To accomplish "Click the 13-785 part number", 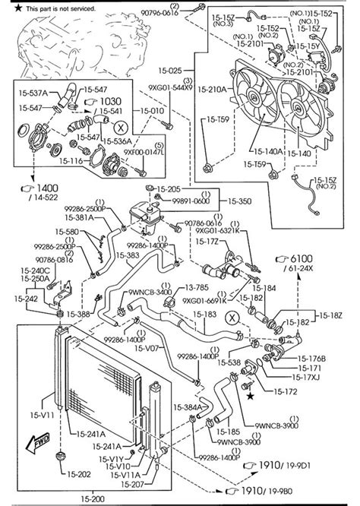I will click(x=198, y=289).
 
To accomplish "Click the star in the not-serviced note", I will click(x=7, y=7).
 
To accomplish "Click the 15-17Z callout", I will click(x=207, y=241).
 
